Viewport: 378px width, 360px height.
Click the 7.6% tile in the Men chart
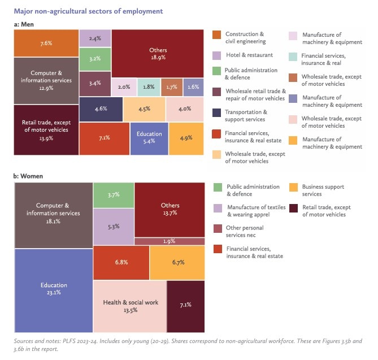(x=46, y=44)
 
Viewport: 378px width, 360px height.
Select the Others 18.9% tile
(x=158, y=54)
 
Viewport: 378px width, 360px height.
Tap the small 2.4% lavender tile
(x=95, y=38)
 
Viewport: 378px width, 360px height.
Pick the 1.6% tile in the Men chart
(x=193, y=87)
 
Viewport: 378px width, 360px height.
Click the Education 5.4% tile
(x=149, y=137)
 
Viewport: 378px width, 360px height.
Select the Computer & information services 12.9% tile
(x=46, y=81)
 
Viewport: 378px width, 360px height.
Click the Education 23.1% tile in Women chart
(x=53, y=289)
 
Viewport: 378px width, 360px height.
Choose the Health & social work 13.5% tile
(x=130, y=306)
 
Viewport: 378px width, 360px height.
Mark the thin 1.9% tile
(x=170, y=226)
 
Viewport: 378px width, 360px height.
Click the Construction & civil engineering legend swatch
(x=217, y=35)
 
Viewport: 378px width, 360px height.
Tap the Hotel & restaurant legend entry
(x=249, y=55)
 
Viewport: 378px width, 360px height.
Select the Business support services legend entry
(x=323, y=190)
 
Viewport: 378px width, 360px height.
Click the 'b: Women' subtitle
(x=29, y=176)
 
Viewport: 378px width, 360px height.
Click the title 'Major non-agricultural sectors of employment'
(x=88, y=11)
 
